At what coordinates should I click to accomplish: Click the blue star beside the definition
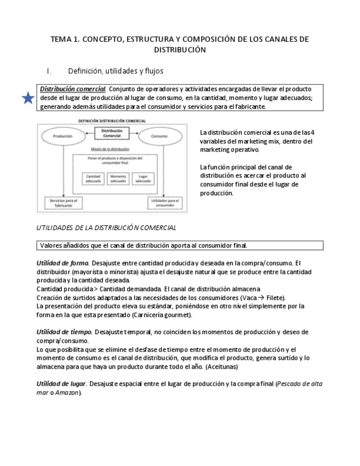point(28,98)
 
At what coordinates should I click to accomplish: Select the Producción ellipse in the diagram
point(63,136)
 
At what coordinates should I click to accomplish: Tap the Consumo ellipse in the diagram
point(161,136)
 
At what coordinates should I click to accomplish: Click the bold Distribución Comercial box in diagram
point(112,134)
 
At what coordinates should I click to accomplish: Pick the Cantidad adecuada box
point(93,179)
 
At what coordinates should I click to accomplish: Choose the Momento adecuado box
point(118,179)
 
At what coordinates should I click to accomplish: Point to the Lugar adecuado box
point(143,179)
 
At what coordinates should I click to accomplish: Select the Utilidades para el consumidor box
point(163,203)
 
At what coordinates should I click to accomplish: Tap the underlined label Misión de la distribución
point(110,149)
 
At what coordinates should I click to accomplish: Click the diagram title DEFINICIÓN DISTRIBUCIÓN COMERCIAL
point(112,120)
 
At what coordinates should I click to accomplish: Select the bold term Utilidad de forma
point(63,263)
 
